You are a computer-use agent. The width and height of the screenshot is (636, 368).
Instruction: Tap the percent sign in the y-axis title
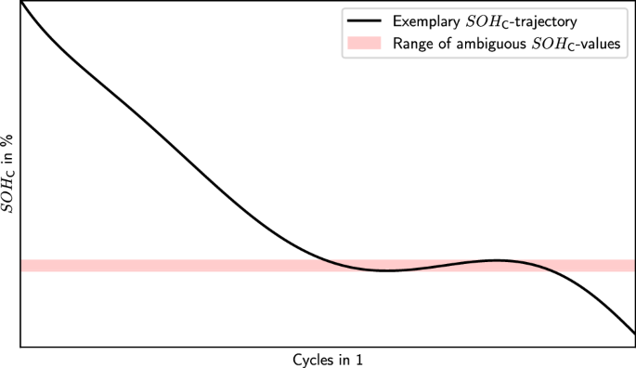tap(7, 138)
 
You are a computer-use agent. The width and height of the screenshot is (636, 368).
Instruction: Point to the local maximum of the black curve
tap(497, 260)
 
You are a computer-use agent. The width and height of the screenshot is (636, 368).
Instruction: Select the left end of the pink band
tap(21, 266)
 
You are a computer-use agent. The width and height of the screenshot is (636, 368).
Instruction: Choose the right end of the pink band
tap(633, 266)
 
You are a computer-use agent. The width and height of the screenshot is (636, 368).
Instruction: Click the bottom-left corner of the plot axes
tap(19, 347)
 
